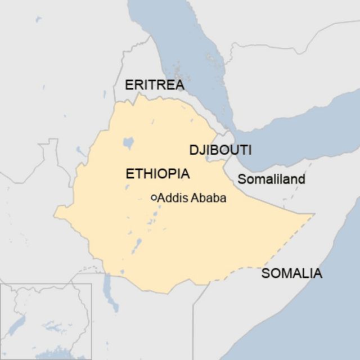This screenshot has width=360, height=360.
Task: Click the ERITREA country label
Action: coord(155,85)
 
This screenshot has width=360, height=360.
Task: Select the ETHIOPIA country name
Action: coord(157,174)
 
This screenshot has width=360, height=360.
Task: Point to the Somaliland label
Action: coord(271,179)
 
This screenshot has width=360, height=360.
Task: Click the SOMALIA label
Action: coord(291,274)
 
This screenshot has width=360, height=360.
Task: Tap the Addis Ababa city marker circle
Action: coord(154,198)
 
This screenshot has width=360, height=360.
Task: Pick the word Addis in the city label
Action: coord(171,198)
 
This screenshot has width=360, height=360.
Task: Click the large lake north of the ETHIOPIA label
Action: coord(128,143)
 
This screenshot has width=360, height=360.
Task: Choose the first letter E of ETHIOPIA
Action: coord(129,174)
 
